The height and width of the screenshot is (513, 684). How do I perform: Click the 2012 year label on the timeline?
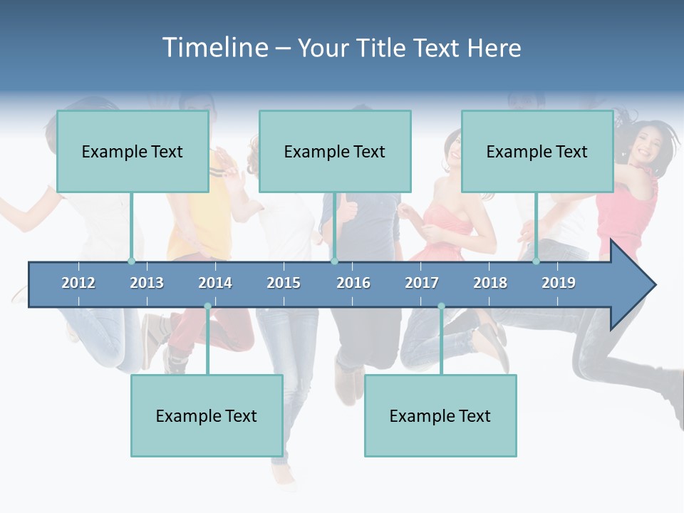78,283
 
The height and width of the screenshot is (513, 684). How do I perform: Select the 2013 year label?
147,283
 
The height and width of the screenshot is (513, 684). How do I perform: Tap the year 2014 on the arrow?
215,283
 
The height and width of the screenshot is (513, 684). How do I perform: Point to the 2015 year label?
284,283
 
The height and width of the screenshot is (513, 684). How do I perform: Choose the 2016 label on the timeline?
353,283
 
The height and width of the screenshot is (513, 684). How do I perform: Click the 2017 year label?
422,283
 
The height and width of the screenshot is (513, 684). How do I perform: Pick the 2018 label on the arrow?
490,283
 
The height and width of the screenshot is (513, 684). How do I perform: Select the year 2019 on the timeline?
559,283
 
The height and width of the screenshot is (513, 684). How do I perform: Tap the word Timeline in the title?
214,48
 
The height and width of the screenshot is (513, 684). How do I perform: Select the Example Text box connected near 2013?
133,152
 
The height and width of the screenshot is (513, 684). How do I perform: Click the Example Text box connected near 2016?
335,152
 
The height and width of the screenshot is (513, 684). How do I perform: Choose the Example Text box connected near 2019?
537,152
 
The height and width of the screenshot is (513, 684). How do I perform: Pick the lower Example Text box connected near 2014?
207,416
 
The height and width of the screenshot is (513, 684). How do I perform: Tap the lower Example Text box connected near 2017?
440,416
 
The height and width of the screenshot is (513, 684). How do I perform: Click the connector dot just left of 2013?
131,261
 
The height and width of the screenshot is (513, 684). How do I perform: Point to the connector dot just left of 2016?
334,261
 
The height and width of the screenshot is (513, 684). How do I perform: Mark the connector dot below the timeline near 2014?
207,306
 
